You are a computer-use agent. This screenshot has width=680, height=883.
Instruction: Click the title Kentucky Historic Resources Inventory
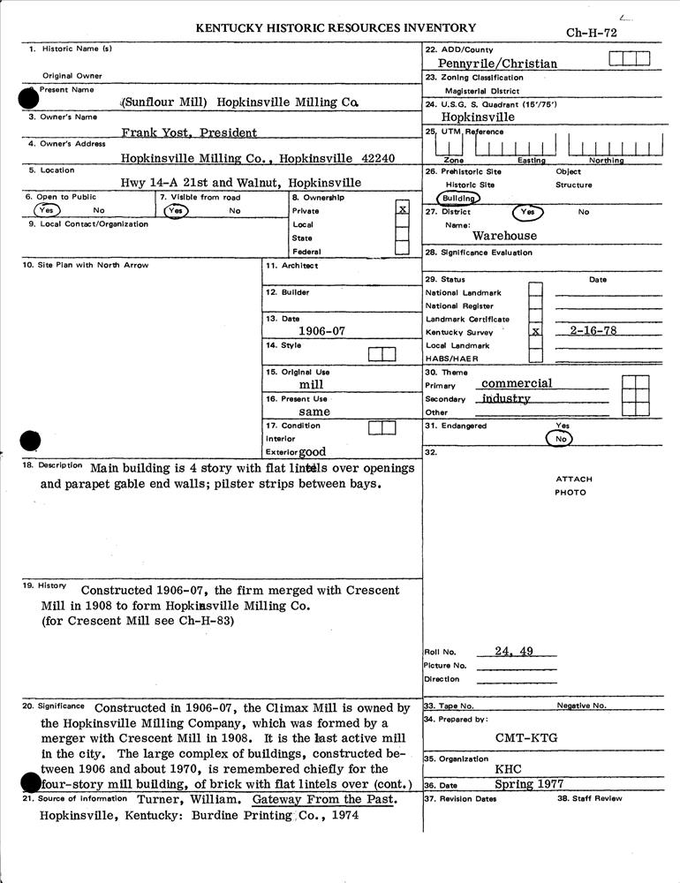[x=336, y=28]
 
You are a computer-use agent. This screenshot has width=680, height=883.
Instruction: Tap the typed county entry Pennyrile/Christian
[x=497, y=64]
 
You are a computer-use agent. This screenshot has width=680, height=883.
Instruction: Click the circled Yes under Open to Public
[x=47, y=211]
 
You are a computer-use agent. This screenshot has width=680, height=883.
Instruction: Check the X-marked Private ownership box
[x=403, y=209]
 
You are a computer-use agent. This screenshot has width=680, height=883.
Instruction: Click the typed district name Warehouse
[x=504, y=237]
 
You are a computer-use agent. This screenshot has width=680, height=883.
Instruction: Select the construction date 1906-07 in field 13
[x=321, y=331]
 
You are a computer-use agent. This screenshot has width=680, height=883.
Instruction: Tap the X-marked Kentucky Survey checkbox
[x=535, y=332]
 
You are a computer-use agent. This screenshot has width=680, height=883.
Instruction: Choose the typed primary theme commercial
[x=517, y=384]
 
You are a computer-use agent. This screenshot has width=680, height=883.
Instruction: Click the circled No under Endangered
[x=558, y=438]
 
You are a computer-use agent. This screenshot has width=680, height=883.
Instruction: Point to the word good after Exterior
[x=312, y=451]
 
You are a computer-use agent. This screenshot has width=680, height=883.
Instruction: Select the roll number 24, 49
[x=514, y=652]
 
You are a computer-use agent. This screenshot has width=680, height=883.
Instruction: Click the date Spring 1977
[x=529, y=784]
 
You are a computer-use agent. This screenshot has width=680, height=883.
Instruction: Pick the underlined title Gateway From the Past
[x=323, y=800]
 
